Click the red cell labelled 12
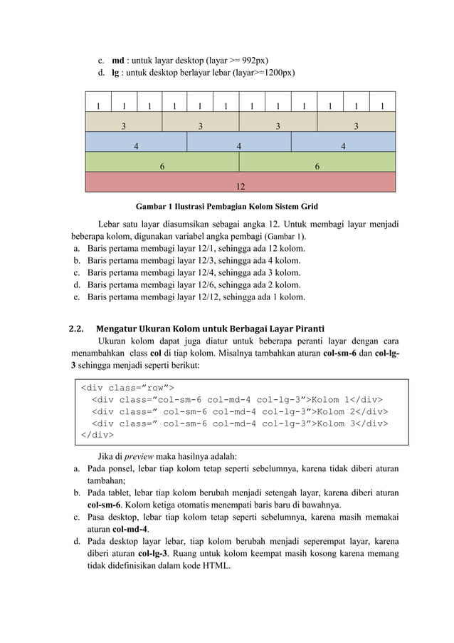[241, 187]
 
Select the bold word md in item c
[118, 59]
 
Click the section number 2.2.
[76, 329]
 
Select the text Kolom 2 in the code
[340, 411]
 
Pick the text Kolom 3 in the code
[340, 423]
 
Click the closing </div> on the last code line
[97, 435]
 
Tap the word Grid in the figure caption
[307, 207]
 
